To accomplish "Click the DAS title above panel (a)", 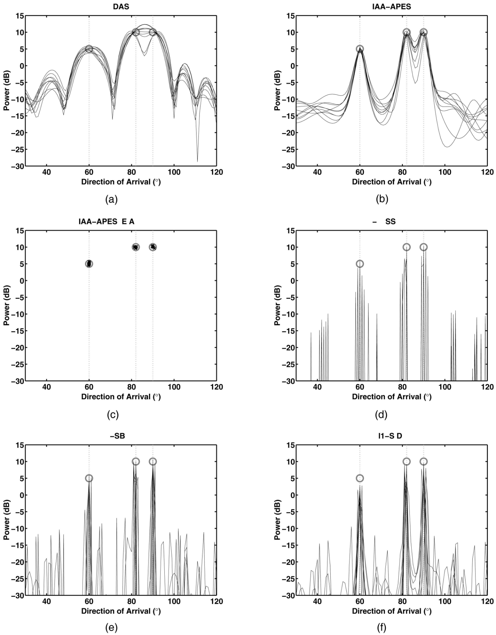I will pyautogui.click(x=121, y=7).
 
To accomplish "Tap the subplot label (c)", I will pyautogui.click(x=113, y=415).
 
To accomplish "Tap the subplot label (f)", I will pyautogui.click(x=381, y=628).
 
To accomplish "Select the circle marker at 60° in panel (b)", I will pyautogui.click(x=360, y=49).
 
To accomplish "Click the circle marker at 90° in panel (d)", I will pyautogui.click(x=424, y=247).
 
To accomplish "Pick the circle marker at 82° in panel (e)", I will pyautogui.click(x=135, y=461).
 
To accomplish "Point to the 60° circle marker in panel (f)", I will pyautogui.click(x=360, y=478).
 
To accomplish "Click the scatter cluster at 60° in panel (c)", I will pyautogui.click(x=89, y=264).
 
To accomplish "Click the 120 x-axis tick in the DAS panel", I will pyautogui.click(x=216, y=172).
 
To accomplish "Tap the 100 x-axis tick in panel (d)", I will pyautogui.click(x=444, y=387).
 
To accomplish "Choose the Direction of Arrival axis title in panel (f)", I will pyautogui.click(x=391, y=611).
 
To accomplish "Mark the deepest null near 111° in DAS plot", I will pyautogui.click(x=197, y=161).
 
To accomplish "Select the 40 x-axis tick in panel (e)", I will pyautogui.click(x=47, y=602).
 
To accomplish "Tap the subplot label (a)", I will pyautogui.click(x=111, y=199).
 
